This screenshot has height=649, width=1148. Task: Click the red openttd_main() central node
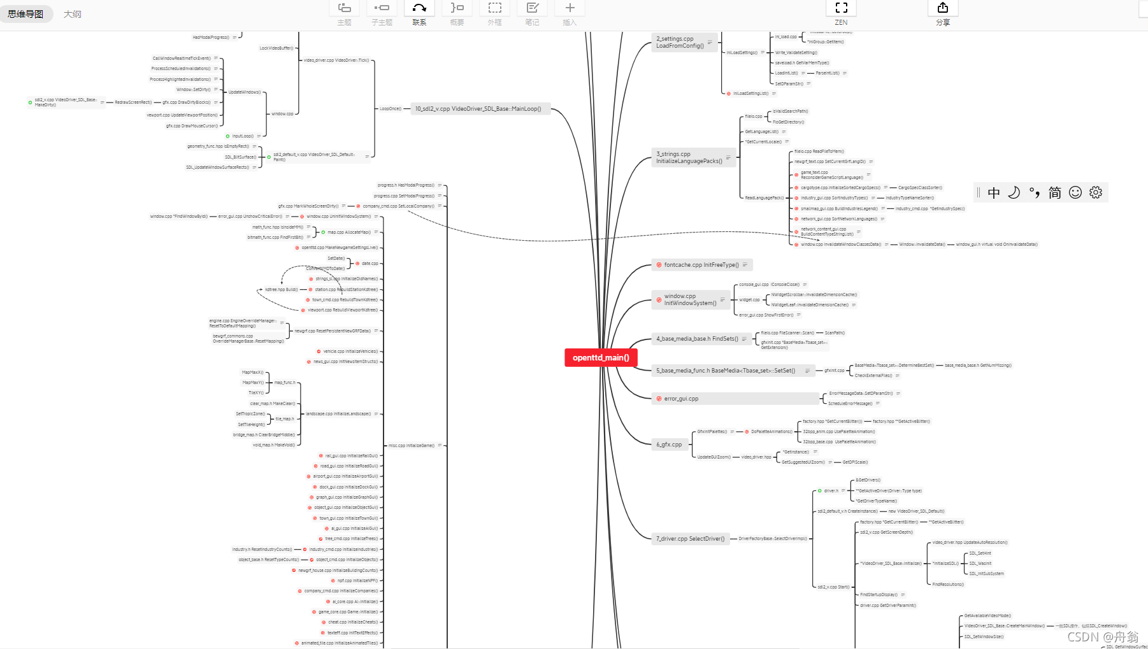click(601, 357)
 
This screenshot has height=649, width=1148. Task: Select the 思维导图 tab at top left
click(25, 14)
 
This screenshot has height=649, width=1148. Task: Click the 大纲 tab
click(73, 14)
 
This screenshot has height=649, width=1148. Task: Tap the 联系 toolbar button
click(419, 13)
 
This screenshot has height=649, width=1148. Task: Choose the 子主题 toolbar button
click(382, 13)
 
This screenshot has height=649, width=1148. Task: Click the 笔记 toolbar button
click(532, 13)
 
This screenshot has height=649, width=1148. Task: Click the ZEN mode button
click(841, 13)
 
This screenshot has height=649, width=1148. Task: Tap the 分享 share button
click(942, 13)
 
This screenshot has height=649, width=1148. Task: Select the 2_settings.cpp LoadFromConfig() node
click(680, 42)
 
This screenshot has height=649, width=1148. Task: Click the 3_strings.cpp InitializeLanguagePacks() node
click(689, 157)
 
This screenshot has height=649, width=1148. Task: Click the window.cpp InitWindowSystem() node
click(690, 299)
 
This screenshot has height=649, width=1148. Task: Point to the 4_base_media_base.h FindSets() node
click(697, 339)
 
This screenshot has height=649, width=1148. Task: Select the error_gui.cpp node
click(681, 399)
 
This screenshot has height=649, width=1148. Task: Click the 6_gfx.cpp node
click(669, 445)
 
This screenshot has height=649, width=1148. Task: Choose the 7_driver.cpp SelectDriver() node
click(690, 539)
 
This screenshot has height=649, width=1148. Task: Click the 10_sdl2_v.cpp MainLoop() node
click(478, 109)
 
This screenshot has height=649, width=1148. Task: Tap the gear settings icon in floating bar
click(1096, 192)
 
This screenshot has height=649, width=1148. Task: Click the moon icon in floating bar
click(1014, 192)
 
